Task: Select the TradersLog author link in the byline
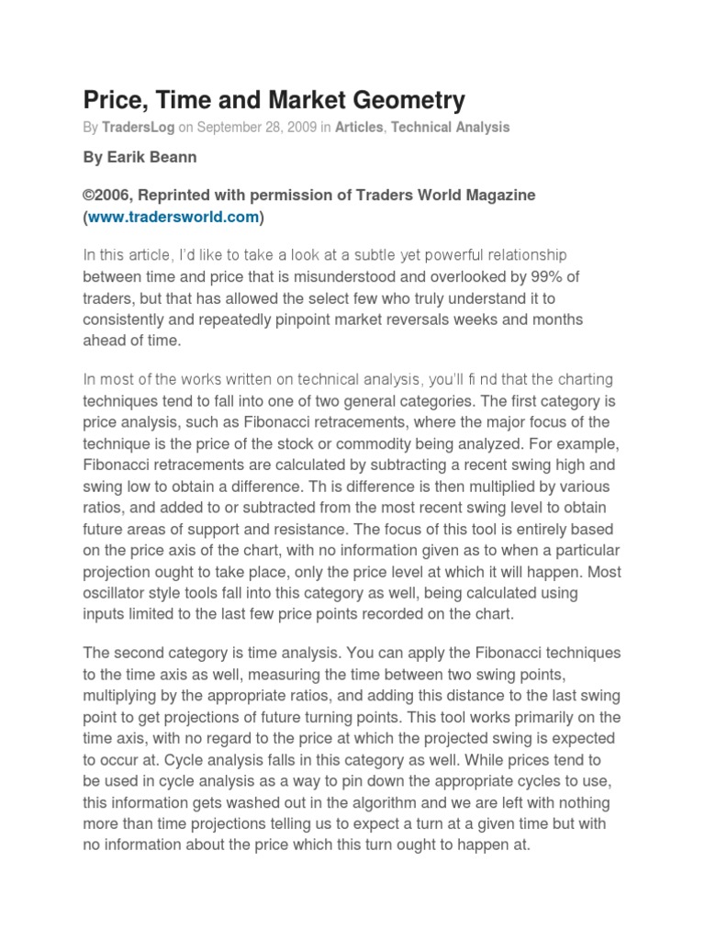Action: [x=136, y=128]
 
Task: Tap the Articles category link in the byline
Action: [x=359, y=128]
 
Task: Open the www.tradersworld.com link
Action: [x=173, y=217]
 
